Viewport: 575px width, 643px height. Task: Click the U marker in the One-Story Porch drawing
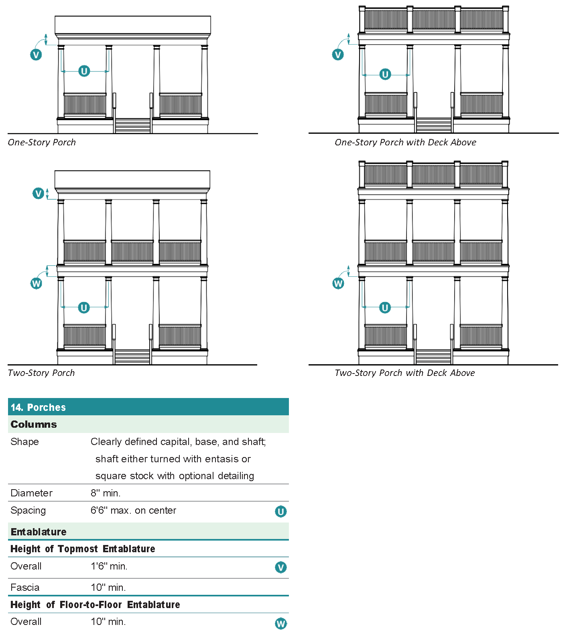tap(84, 71)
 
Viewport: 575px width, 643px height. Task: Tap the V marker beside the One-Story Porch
tap(36, 55)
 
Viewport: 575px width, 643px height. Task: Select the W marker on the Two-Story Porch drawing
tap(37, 284)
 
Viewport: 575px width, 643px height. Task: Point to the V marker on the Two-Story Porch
tap(38, 194)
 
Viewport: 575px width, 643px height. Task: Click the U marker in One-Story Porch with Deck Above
tap(385, 74)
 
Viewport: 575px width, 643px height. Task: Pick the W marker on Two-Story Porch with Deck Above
tap(338, 284)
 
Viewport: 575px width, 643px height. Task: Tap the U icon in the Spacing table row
tap(281, 512)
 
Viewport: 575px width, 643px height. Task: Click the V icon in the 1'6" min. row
tap(281, 567)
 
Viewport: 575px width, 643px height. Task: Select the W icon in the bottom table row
tap(281, 624)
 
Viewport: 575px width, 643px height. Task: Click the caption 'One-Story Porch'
tap(42, 143)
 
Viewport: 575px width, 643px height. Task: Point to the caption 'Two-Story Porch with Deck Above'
tap(404, 373)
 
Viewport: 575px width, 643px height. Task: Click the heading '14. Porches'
tap(38, 407)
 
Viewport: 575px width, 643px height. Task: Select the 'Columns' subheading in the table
tap(34, 425)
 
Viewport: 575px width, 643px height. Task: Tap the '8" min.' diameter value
tap(106, 493)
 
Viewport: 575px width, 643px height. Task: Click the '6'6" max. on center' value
tap(133, 510)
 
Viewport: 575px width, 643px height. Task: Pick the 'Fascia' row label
tap(25, 588)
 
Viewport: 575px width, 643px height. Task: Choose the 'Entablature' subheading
tap(39, 532)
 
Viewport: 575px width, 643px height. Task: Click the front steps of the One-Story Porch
tap(133, 126)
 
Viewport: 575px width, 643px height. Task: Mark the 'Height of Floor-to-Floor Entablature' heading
tap(95, 605)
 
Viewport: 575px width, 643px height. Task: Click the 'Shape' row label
tap(25, 442)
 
